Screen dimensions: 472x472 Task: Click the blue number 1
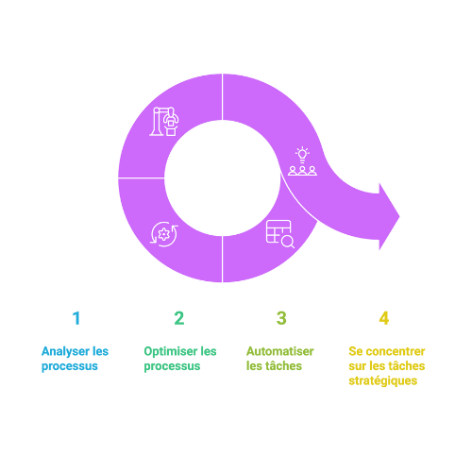[76, 318]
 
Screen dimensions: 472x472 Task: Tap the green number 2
[179, 318]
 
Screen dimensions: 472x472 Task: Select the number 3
[281, 318]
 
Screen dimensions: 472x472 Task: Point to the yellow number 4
[384, 318]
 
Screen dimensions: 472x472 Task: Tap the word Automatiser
[280, 351]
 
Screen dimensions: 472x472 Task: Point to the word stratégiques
[383, 381]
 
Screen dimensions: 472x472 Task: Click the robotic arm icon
[164, 122]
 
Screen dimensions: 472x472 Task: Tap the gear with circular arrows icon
[164, 234]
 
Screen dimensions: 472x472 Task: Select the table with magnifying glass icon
[280, 234]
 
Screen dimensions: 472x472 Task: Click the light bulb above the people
[302, 155]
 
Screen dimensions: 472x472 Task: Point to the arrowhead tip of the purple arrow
[399, 216]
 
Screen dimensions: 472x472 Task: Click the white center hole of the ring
[223, 178]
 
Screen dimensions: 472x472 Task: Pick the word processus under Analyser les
[70, 366]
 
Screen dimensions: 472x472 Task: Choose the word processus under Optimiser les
[172, 366]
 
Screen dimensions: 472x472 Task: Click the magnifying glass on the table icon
[288, 242]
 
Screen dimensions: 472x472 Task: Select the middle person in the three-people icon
[302, 171]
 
